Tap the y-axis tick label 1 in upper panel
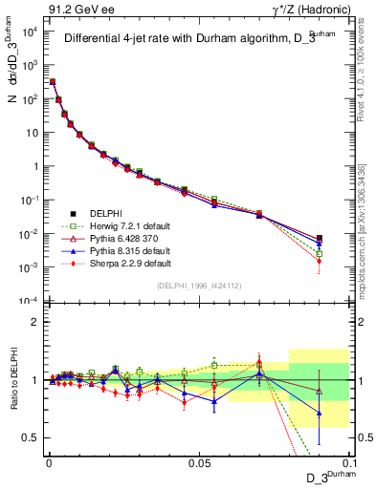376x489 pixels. [34, 166]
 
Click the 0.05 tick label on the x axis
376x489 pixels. [198, 462]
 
